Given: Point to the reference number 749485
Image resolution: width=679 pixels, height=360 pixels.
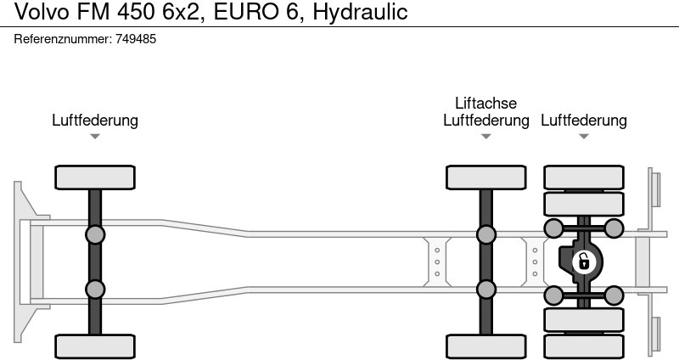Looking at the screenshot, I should tap(135, 39).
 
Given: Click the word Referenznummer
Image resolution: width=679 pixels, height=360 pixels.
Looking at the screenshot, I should tap(62, 39).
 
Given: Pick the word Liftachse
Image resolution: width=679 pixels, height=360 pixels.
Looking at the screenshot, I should tap(485, 103).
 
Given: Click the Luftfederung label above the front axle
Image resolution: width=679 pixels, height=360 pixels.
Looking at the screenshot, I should tap(95, 121).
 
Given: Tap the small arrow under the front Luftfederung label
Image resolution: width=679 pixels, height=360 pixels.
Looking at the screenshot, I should tap(95, 136).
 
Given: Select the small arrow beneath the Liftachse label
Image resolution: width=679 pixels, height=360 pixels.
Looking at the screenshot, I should tap(485, 136).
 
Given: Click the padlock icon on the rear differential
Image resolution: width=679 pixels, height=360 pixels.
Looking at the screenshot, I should tap(583, 262).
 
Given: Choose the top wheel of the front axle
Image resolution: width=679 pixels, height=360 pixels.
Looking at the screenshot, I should tap(95, 177).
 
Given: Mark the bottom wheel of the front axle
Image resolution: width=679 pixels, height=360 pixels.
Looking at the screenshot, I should tap(95, 346).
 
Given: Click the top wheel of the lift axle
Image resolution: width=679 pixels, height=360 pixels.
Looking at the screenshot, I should tap(485, 177).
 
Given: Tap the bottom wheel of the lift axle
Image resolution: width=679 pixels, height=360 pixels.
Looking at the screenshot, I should tap(485, 346).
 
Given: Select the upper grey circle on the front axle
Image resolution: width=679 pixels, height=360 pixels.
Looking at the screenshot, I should tap(95, 234).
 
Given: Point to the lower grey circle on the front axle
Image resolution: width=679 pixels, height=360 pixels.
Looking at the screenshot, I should tap(95, 290).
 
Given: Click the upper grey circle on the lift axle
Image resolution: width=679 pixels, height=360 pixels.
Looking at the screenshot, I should tap(485, 234).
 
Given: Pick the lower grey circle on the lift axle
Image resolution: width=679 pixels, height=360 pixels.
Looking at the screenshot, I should tap(485, 290).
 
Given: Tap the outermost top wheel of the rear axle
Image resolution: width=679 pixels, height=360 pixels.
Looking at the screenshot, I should tap(583, 177).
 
